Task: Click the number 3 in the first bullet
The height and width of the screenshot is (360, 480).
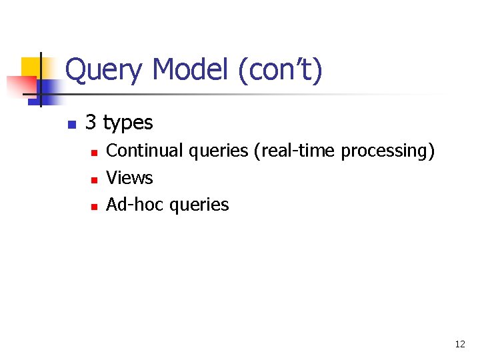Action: coord(91,123)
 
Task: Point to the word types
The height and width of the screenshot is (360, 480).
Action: coord(128,123)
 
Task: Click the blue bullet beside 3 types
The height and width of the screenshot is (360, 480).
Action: coord(71,124)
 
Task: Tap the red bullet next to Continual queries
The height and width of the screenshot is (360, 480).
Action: coord(95,153)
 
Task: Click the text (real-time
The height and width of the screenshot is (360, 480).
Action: coord(295,151)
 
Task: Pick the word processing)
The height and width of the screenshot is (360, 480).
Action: coord(388,151)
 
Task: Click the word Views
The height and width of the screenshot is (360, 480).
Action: coord(129,178)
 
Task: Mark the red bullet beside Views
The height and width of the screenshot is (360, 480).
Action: coord(95,180)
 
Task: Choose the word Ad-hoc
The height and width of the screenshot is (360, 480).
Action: coord(135,205)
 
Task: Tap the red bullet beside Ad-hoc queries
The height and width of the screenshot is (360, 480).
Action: coord(95,207)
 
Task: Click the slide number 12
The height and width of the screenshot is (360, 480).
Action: coord(459,344)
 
